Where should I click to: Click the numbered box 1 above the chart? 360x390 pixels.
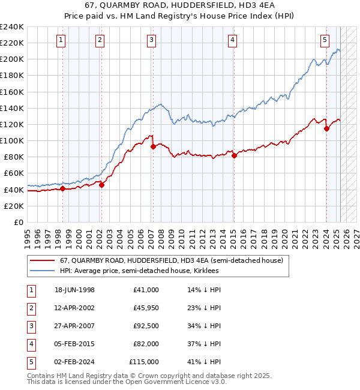click(x=62, y=41)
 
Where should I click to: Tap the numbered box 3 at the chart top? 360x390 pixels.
click(x=151, y=41)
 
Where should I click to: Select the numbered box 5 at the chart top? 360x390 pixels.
click(x=325, y=41)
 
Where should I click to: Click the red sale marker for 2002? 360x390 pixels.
click(x=101, y=185)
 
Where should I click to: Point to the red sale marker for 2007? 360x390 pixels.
click(x=153, y=146)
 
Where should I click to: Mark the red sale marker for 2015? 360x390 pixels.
click(x=234, y=155)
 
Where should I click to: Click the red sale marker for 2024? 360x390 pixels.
click(x=326, y=128)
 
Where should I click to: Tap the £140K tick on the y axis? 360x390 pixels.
click(x=13, y=108)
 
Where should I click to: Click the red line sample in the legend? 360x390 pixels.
click(x=42, y=260)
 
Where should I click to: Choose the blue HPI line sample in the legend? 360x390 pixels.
click(x=42, y=271)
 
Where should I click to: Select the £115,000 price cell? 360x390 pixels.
click(x=144, y=362)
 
